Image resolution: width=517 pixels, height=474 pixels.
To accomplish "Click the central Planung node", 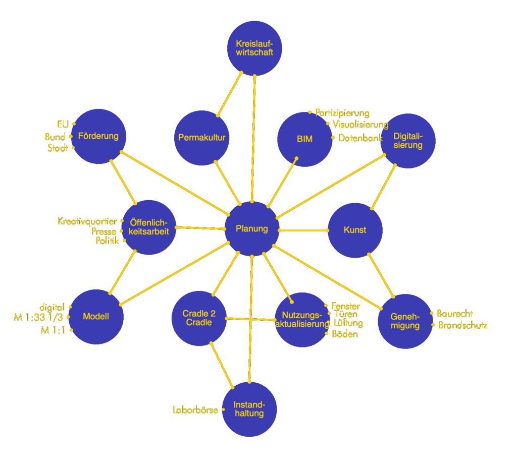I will click(252, 229).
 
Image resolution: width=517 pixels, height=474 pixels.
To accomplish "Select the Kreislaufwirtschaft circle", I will click(254, 48).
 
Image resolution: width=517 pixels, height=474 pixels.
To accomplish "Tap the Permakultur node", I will click(201, 138).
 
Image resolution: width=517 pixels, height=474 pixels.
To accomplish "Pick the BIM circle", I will click(304, 139).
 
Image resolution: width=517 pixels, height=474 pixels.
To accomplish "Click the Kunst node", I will click(355, 230).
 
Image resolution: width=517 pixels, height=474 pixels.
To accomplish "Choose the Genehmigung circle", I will click(405, 321).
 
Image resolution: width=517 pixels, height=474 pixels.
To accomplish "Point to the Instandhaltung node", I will click(249, 409).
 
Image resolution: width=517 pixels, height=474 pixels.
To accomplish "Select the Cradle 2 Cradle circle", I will click(199, 318).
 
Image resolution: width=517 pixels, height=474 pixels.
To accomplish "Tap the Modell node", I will click(96, 317).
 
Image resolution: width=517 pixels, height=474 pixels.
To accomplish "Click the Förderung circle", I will click(98, 136).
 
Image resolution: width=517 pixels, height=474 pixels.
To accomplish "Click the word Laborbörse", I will click(195, 409).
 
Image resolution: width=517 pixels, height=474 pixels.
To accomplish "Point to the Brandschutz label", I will click(462, 325).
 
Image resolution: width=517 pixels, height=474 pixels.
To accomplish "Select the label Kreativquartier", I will click(87, 221).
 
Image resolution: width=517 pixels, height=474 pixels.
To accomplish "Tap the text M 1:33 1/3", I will click(38, 318).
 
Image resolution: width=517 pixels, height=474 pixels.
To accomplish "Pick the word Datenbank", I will click(360, 138).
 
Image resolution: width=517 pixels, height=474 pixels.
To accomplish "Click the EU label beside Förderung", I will click(63, 124).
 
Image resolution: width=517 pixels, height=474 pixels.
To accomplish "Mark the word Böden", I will click(345, 334).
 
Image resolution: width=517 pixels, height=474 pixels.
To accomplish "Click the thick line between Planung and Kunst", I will click(303, 230).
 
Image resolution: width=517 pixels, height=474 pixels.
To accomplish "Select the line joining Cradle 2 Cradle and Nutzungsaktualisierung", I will click(251, 319).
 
